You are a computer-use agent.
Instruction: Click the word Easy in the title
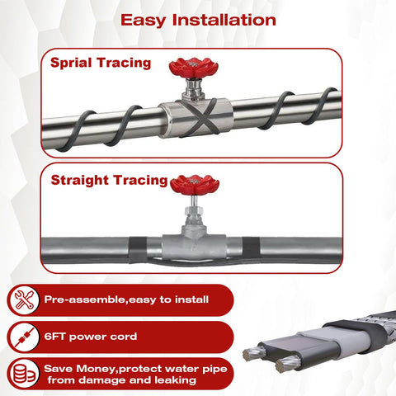tap(144, 21)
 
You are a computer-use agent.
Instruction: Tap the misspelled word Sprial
tap(71, 64)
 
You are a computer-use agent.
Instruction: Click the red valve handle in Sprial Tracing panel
tap(194, 68)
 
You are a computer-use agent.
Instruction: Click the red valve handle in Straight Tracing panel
tap(195, 184)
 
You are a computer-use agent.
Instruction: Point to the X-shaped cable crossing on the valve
tap(204, 116)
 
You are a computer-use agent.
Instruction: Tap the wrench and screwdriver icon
tap(24, 299)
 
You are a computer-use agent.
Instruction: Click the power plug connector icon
tap(24, 337)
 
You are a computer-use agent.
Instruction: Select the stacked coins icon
tap(24, 374)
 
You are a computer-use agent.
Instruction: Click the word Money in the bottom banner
tap(97, 369)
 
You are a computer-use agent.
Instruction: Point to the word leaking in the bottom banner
tap(175, 380)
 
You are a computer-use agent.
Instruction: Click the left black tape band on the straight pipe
tap(138, 250)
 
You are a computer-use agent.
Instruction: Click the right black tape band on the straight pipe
tap(251, 247)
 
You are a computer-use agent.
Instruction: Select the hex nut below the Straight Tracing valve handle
tap(194, 210)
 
